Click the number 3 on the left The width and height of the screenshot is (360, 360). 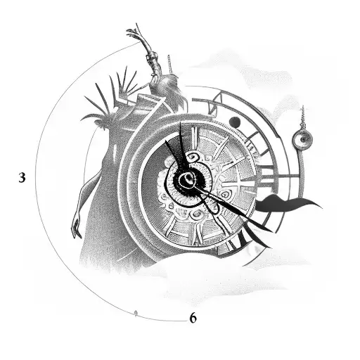pos(22,178)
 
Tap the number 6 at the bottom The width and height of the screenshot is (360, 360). pos(193,318)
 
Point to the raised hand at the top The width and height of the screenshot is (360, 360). pos(134,33)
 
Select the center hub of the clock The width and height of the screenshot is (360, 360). pos(186,181)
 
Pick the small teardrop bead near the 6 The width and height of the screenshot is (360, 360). pos(136,311)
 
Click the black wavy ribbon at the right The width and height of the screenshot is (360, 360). pos(288,205)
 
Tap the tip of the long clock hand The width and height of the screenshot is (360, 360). pos(250,215)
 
